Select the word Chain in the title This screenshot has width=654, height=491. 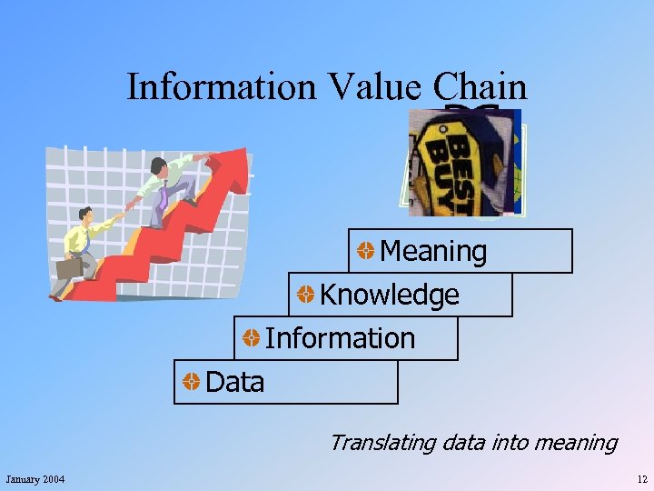pos(480,87)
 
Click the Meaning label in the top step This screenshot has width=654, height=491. pos(433,251)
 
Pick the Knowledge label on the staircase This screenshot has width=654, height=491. pos(389,295)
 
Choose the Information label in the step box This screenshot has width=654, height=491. pos(340,338)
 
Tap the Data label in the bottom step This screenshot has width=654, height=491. pos(235,382)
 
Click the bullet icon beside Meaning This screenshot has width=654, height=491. pos(365,251)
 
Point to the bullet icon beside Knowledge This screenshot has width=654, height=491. pos(306,295)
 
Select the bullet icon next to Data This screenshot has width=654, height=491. pos(191,382)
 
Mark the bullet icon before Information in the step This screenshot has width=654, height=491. pos(251,338)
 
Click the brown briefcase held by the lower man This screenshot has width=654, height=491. pos(70,268)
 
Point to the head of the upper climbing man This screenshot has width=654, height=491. pos(158,166)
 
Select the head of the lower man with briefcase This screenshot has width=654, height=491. pos(86,215)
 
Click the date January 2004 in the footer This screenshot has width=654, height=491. pos(35,479)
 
